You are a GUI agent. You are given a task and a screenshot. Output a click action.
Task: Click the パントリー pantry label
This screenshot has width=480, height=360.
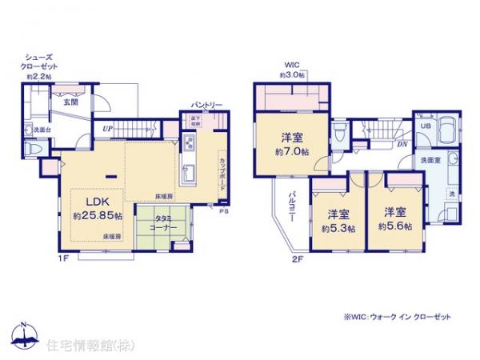point(206,105)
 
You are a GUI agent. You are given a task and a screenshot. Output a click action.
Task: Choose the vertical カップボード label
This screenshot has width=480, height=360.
point(221,172)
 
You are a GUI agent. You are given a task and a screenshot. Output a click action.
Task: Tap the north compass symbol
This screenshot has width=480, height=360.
point(23,336)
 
